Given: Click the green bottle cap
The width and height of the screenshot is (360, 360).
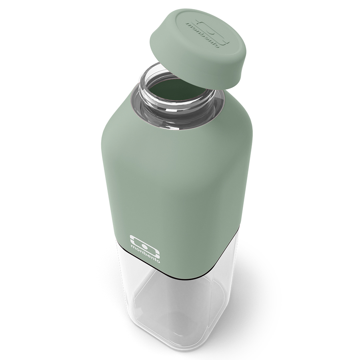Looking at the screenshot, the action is [x=198, y=48].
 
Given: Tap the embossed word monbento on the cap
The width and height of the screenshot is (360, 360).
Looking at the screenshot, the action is [x=202, y=35].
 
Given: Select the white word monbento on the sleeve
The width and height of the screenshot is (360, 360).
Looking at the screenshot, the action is [x=145, y=254].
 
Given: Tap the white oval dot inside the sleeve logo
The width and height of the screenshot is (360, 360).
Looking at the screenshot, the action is [x=144, y=246].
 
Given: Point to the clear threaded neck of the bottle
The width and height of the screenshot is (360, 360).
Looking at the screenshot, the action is [x=176, y=96].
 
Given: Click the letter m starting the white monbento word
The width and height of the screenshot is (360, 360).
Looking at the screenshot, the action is [x=133, y=247].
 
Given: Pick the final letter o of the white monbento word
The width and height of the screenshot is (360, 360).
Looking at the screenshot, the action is [x=158, y=260].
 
